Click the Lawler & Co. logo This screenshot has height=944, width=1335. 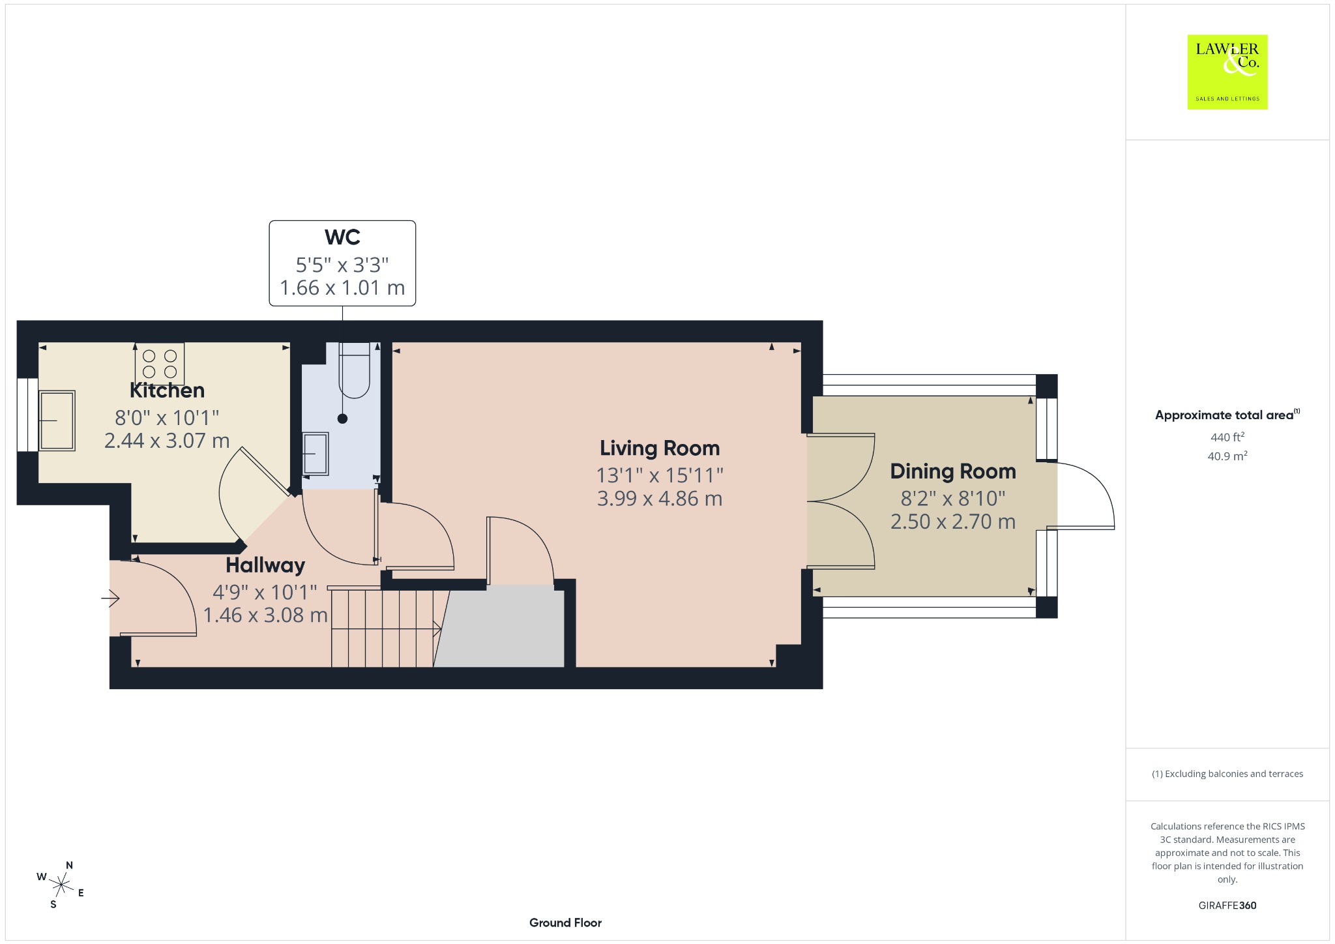coord(1227,72)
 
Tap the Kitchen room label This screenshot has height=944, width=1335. coord(167,391)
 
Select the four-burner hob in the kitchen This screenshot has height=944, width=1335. coord(160,364)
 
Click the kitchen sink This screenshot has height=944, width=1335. coord(57,420)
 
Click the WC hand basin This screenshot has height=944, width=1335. coord(315,453)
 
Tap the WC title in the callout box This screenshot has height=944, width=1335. coord(342,237)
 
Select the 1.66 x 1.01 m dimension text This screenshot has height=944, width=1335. coord(342,288)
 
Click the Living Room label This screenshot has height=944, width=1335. coord(660,449)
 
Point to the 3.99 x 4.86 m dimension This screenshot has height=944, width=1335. coord(660,499)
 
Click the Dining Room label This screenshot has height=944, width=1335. coord(953,471)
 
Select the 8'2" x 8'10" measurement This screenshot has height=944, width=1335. coord(953,499)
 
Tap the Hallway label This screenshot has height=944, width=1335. coord(265,565)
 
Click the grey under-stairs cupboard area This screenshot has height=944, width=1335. coord(502,627)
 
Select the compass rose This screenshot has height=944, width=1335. coord(61,885)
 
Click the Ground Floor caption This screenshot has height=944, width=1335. coord(565,922)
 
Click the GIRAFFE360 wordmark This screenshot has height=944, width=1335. coord(1227,906)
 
